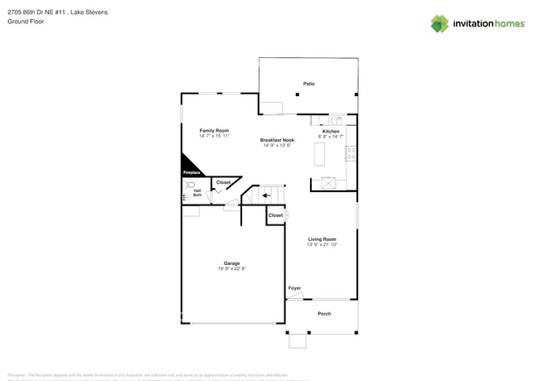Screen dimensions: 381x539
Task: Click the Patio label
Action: [x=308, y=84]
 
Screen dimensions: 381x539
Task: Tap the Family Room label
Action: [x=214, y=131]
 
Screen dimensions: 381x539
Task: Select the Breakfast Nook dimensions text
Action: [x=279, y=145]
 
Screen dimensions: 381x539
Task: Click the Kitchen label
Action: [x=331, y=132]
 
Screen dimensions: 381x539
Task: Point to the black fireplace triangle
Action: [x=190, y=165]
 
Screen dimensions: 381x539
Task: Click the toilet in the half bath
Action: [x=190, y=186]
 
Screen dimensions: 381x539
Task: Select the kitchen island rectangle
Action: [x=318, y=154]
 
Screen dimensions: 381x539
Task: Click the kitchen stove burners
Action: [x=352, y=152]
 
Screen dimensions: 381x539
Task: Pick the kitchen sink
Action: [x=337, y=121]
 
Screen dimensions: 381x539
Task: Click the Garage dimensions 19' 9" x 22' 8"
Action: [x=231, y=268]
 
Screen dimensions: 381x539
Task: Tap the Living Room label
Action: [x=322, y=239]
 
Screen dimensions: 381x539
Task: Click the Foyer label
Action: [x=294, y=287]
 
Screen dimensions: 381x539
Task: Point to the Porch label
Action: [x=324, y=313]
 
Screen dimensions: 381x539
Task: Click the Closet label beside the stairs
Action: [x=275, y=215]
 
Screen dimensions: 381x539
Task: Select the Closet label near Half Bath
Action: [x=223, y=182]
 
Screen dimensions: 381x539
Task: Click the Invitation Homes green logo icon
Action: [x=439, y=23]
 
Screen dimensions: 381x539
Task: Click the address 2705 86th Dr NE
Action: [x=33, y=12]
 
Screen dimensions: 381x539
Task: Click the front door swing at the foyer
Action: [x=295, y=295]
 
